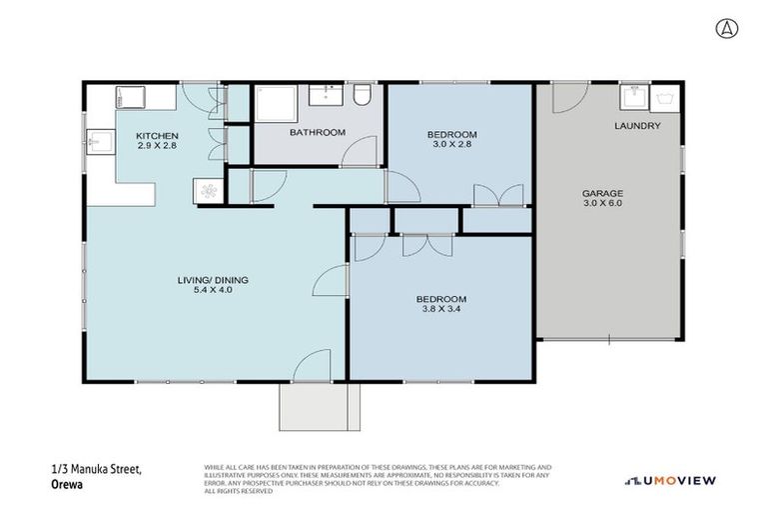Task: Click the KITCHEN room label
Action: [157, 135]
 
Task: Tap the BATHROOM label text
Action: [317, 132]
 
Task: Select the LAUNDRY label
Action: [636, 126]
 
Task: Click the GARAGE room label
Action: [602, 193]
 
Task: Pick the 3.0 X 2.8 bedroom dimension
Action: [451, 145]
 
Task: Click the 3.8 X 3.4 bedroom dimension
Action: [440, 310]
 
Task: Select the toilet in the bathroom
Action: [362, 96]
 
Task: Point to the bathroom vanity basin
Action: [323, 95]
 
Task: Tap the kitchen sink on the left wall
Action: [97, 141]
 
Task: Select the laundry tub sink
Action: [631, 96]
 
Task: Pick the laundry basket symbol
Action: [664, 97]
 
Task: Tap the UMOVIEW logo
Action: [670, 480]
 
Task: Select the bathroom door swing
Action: [360, 152]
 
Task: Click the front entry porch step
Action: [319, 405]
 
